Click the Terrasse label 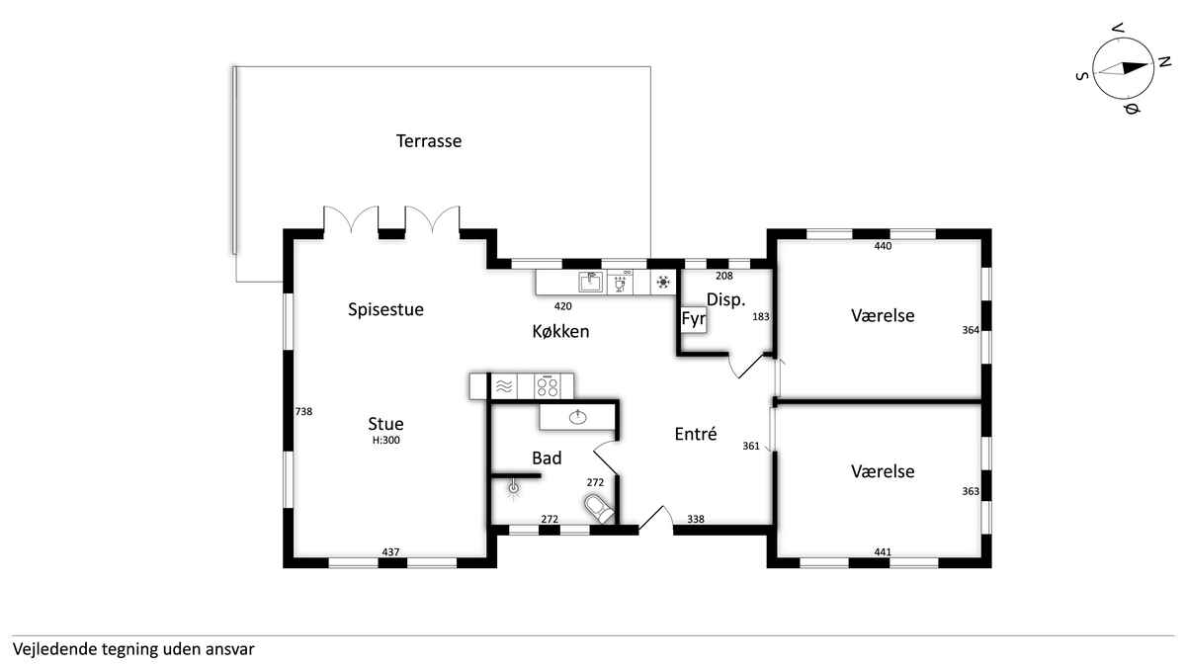pos(429,140)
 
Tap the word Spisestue pos(385,309)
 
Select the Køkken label pos(560,331)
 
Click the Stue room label pos(385,424)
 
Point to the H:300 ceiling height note pos(386,441)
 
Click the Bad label pos(547,458)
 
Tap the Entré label pos(696,434)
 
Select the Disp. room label pos(725,299)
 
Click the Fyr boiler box pos(693,319)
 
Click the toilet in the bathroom pos(599,508)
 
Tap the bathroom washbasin pos(577,418)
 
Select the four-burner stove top pos(547,386)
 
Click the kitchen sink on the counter pos(590,283)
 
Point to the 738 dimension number pos(303,411)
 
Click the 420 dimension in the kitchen pos(562,306)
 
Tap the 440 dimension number pos(883,246)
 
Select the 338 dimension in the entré pos(696,520)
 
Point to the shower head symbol pos(513,488)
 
